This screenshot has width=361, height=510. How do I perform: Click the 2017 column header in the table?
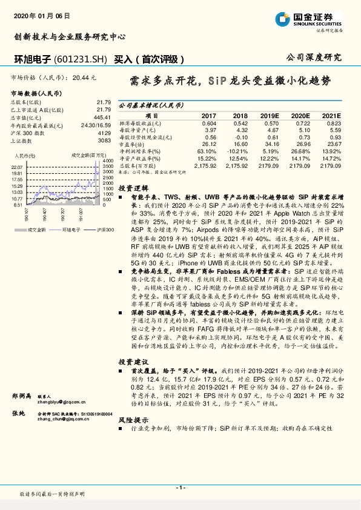pos(208,115)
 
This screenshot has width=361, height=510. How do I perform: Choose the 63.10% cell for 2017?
pos(208,151)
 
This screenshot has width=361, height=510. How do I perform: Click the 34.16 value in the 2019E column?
pos(271,144)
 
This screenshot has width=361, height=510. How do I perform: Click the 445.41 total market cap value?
pos(102,117)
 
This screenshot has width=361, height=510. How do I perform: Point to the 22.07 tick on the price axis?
pos(17,166)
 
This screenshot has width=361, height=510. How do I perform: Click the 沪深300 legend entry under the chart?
pos(100,231)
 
